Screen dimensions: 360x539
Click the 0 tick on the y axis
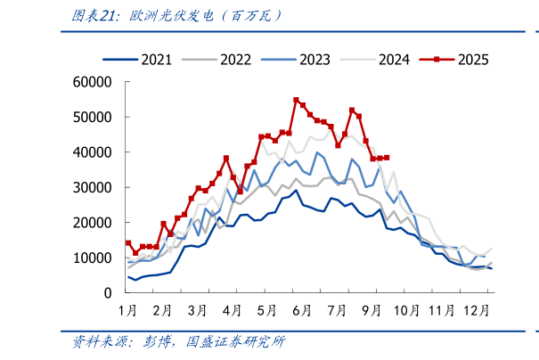107,293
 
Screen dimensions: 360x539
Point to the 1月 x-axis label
127,310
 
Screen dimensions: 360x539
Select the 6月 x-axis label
301,310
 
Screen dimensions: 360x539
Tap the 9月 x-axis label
372,310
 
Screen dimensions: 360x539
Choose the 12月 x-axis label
478,310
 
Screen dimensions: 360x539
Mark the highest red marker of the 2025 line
296,101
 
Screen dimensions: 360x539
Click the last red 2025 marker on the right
387,158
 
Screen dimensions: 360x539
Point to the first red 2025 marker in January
128,243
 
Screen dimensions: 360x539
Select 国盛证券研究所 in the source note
234,341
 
